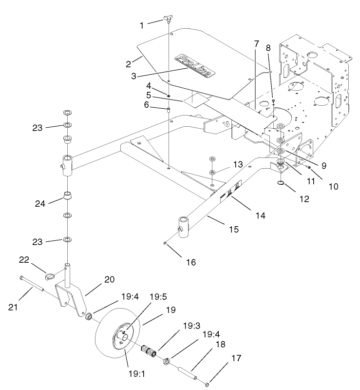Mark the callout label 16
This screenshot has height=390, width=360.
[x=191, y=262]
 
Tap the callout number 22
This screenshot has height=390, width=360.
[x=37, y=260]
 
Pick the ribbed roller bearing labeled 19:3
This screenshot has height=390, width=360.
[x=149, y=350]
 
